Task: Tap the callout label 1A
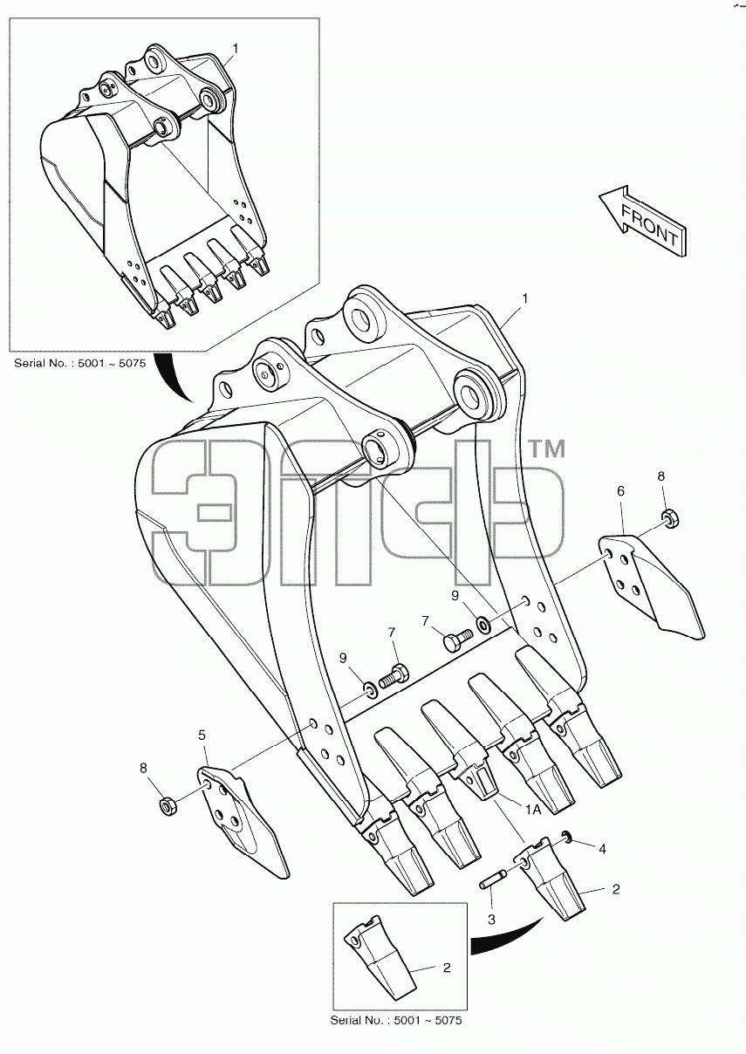pyautogui.click(x=533, y=809)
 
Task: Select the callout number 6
pyautogui.click(x=620, y=491)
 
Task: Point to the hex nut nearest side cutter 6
pyautogui.click(x=670, y=519)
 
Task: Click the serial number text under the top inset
pyautogui.click(x=80, y=363)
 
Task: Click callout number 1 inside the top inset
pyautogui.click(x=235, y=49)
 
